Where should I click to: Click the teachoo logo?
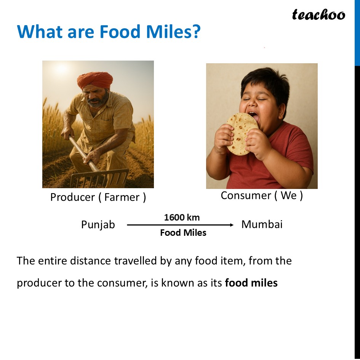point(318,15)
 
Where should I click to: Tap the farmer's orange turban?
point(95,80)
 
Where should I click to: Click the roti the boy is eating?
point(242,134)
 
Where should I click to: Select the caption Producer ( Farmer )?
point(98,197)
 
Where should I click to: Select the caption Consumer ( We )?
point(262,195)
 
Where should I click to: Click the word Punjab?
point(98,224)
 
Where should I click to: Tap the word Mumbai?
point(262,224)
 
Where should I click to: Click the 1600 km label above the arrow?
point(182,218)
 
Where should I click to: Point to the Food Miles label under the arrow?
point(183,233)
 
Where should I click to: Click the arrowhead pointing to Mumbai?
point(232,225)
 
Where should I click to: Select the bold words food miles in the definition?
point(251,283)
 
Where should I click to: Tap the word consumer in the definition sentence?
point(122,283)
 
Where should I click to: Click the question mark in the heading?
point(197,32)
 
